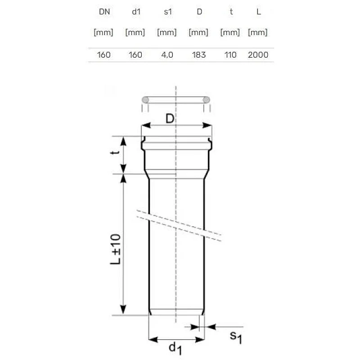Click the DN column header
tap(103, 12)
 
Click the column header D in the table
tap(198, 12)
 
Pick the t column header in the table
tap(231, 12)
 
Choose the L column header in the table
tap(258, 12)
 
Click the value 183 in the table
tap(198, 55)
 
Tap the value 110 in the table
tap(231, 55)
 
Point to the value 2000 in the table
tap(258, 55)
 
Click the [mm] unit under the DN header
tap(103, 32)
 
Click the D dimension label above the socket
tap(170, 119)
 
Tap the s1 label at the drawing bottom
tap(235, 337)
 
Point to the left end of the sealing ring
tap(145, 99)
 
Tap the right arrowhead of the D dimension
tap(208, 126)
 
